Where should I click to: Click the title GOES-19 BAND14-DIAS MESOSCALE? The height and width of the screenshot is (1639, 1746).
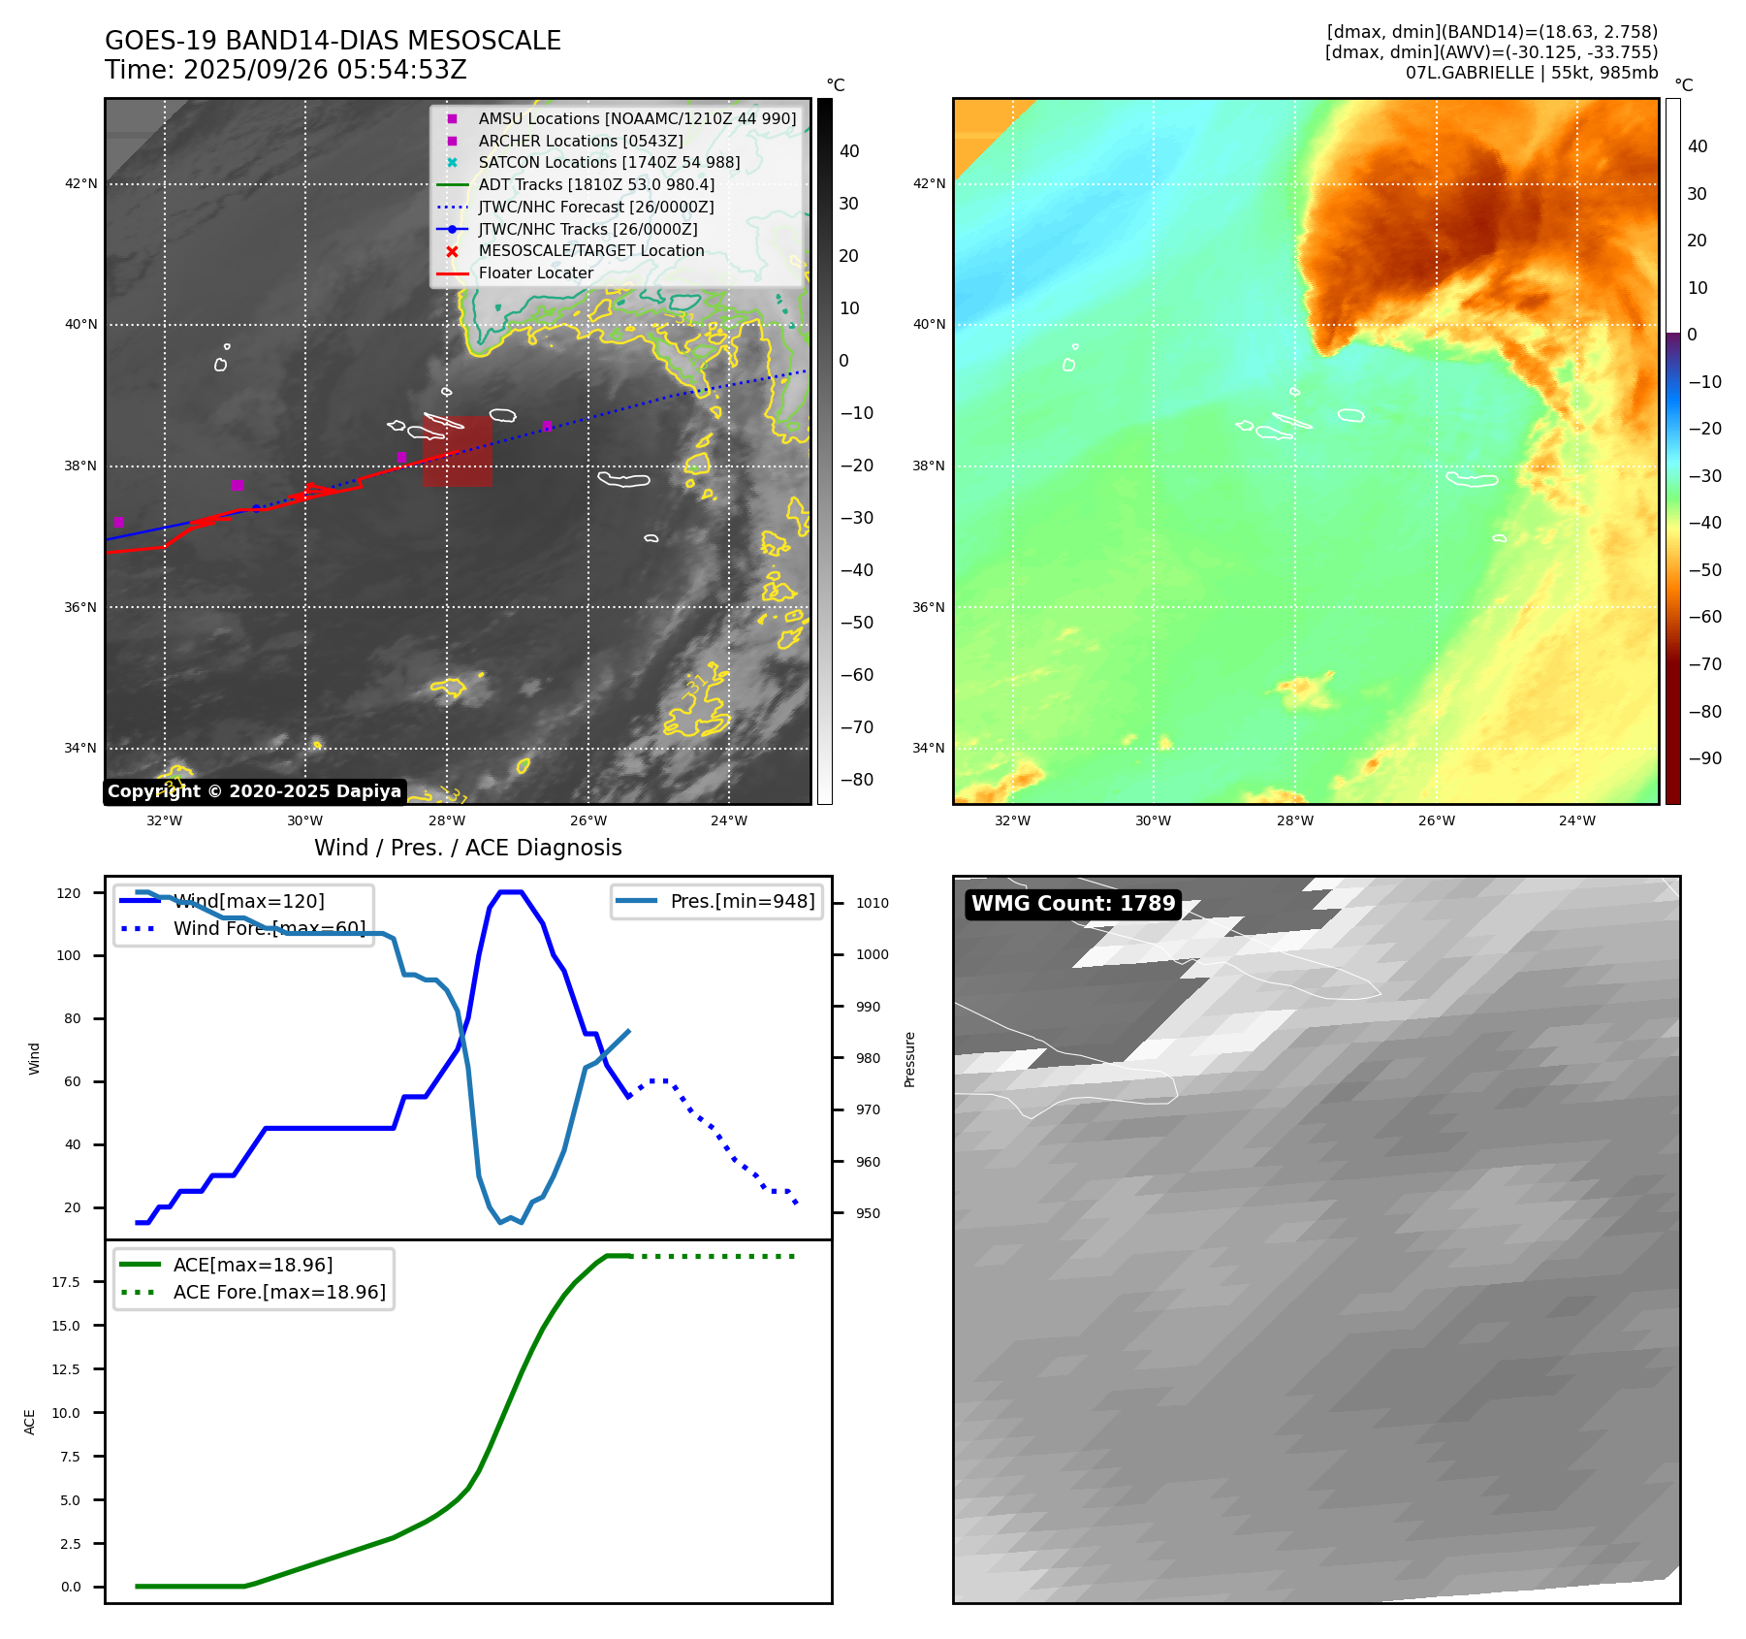tap(333, 41)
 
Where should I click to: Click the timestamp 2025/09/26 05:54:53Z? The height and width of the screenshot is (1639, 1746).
tap(325, 70)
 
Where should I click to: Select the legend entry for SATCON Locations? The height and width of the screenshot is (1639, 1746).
tap(609, 162)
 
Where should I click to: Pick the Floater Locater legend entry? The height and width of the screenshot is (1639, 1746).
tap(535, 273)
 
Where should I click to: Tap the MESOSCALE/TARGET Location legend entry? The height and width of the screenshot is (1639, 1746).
tap(590, 250)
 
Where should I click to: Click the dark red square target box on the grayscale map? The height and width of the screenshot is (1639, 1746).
tap(457, 451)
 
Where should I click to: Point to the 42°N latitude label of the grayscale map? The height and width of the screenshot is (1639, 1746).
tap(81, 183)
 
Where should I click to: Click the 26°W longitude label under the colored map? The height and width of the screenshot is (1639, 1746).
tap(1436, 820)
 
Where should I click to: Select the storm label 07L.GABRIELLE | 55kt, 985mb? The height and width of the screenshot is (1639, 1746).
tap(1531, 73)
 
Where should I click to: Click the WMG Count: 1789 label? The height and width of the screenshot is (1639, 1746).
tap(1073, 904)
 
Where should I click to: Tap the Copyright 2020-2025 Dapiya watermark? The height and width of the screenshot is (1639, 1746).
tap(254, 791)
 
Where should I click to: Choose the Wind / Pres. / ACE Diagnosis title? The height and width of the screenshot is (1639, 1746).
tap(467, 848)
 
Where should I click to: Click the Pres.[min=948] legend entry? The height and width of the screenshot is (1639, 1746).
tap(742, 901)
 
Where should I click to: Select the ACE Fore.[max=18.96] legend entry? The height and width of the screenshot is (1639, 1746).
tap(278, 1292)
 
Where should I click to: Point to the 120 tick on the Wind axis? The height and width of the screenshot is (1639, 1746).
tap(69, 893)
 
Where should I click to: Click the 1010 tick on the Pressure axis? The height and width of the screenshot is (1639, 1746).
tap(872, 903)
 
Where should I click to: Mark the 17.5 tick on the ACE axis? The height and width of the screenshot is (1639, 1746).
tap(66, 1282)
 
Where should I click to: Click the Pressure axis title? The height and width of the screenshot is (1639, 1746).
tap(909, 1059)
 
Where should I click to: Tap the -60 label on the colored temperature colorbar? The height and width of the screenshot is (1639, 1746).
tap(1704, 617)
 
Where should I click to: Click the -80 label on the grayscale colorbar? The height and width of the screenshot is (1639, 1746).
tap(856, 780)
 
